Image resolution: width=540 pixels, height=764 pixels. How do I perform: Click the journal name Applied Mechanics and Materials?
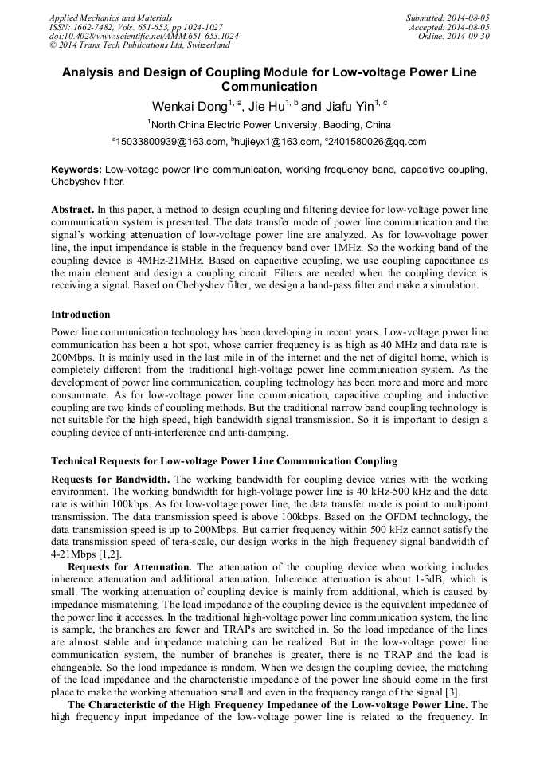tap(111, 17)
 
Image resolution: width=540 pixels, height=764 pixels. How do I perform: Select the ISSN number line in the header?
tap(136, 26)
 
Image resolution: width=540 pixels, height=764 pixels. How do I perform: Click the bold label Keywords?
tap(76, 170)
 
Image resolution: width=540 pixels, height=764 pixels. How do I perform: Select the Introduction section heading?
tap(80, 315)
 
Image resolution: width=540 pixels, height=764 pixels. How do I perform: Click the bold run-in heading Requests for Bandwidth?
tap(110, 479)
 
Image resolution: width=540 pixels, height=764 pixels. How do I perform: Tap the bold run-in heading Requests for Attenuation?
tap(131, 566)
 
